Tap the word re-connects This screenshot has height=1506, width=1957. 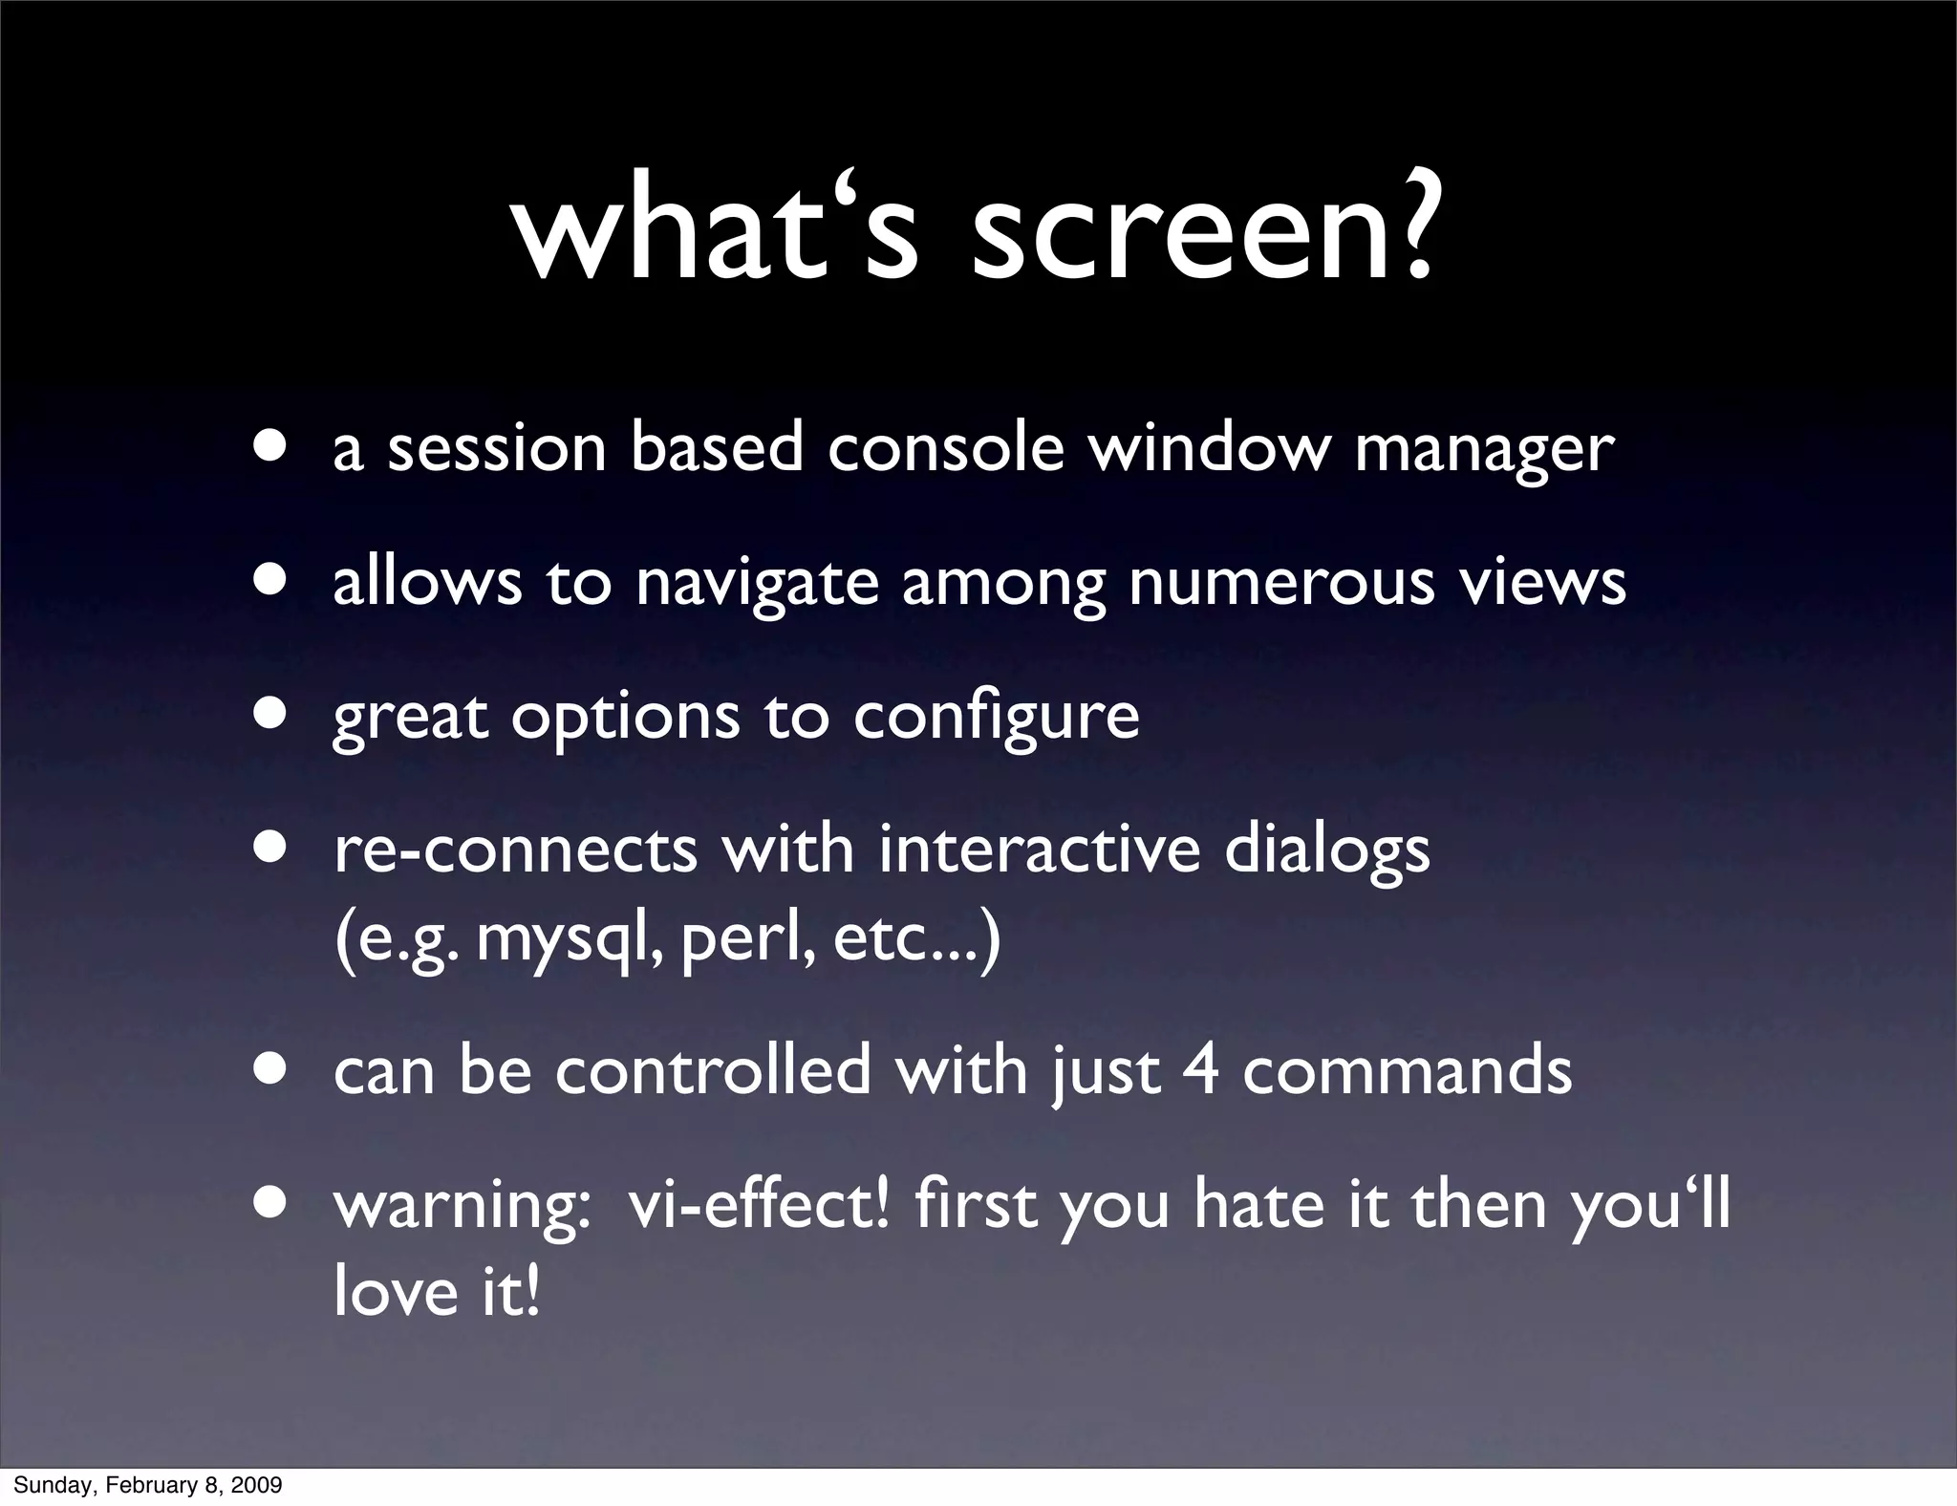tap(515, 850)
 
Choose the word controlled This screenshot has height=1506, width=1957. tap(713, 1069)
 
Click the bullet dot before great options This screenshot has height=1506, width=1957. tap(270, 714)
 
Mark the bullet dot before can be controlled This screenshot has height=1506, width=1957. tap(270, 1068)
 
